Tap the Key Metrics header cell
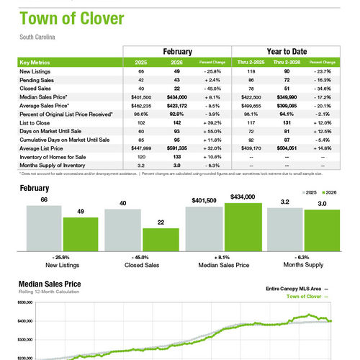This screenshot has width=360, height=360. tap(37, 63)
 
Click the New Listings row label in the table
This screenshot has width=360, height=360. tap(35, 72)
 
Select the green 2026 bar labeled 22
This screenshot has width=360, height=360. tap(160, 238)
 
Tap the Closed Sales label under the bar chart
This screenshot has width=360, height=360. tap(143, 266)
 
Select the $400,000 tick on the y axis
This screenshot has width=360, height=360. tap(26, 321)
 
